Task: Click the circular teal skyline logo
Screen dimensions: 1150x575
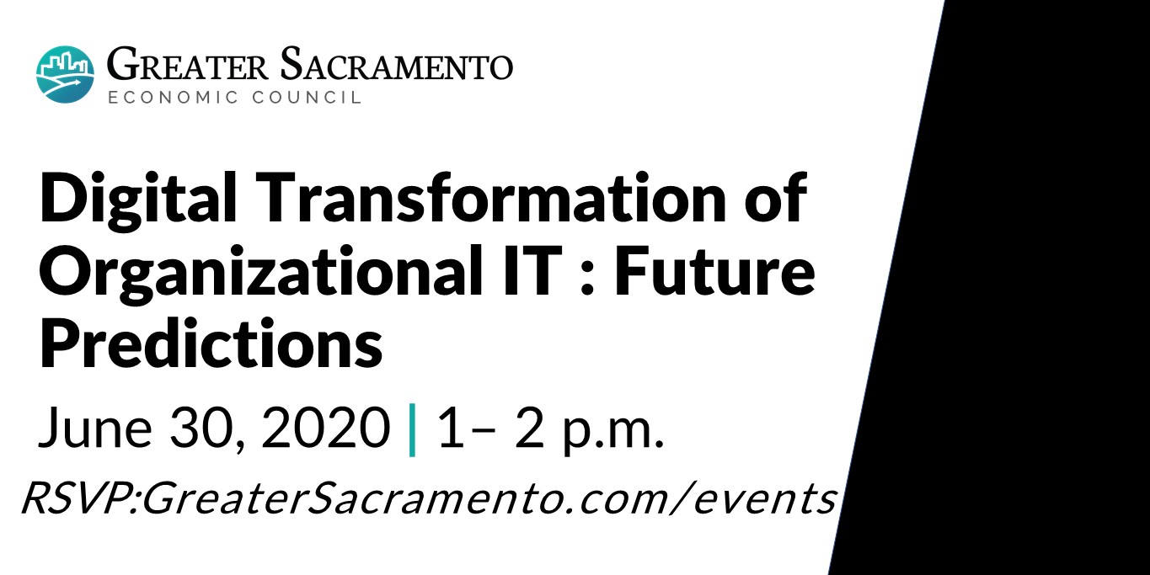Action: click(x=65, y=74)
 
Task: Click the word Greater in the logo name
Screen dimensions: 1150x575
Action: click(x=187, y=66)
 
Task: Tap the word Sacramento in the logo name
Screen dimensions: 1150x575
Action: click(x=396, y=65)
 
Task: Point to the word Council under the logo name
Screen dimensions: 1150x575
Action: click(x=307, y=97)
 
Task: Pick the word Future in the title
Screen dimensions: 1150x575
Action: click(x=714, y=270)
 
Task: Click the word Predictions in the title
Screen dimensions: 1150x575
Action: click(x=211, y=342)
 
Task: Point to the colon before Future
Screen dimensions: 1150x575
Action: click(x=587, y=279)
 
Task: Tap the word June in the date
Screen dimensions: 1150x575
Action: click(x=95, y=428)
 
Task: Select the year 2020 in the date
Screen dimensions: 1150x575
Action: click(x=325, y=428)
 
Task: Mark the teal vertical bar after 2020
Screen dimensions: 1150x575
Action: click(x=412, y=430)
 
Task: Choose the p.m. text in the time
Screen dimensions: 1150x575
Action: click(x=613, y=431)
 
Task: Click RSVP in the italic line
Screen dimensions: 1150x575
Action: click(x=75, y=498)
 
